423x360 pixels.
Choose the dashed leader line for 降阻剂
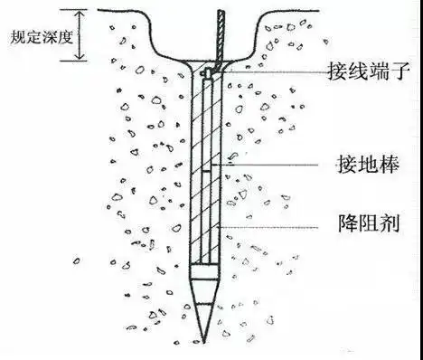(271, 219)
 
